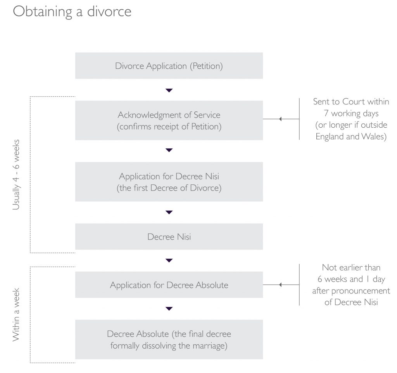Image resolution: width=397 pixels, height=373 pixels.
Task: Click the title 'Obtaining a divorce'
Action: click(72, 12)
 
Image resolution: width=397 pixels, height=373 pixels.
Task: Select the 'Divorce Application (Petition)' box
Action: click(169, 66)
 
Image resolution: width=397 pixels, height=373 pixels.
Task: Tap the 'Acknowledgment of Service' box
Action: click(169, 120)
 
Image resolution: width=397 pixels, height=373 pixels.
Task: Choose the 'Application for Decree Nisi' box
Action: click(169, 182)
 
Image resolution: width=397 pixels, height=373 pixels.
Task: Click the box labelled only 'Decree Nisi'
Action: click(169, 236)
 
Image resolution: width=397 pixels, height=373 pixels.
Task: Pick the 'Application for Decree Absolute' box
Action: click(169, 285)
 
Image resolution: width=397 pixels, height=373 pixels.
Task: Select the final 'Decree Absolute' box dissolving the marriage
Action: click(169, 339)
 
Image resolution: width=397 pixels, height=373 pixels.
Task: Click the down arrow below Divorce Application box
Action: click(169, 90)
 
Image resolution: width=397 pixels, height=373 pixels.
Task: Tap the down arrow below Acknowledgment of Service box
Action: click(169, 150)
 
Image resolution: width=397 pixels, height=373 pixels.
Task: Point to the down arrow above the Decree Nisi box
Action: click(169, 212)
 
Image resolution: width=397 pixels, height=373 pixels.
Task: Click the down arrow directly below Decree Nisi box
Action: click(169, 260)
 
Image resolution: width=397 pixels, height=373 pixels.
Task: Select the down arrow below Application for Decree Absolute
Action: click(169, 309)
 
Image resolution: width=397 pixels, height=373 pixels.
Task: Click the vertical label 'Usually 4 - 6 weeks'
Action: click(16, 175)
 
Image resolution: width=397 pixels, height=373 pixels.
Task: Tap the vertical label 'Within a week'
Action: click(16, 315)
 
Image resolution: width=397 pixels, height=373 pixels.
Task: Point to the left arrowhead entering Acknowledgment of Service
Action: click(280, 119)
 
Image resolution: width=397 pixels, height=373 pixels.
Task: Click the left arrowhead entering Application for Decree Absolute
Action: click(280, 285)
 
